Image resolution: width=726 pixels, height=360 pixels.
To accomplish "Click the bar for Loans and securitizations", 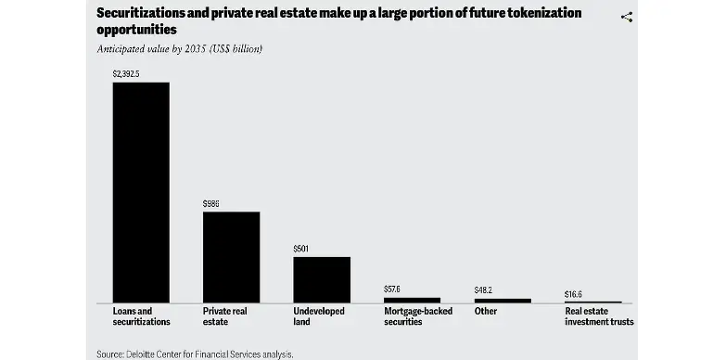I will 141,192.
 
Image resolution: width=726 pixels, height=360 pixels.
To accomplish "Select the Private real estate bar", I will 231,257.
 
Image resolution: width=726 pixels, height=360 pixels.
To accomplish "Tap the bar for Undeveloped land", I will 322,279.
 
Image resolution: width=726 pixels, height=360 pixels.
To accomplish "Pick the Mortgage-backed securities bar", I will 412,300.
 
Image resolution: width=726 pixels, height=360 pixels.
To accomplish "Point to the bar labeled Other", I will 503,301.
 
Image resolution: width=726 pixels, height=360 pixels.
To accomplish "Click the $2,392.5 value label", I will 126,73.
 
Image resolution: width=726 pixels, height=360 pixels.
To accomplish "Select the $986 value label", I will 211,203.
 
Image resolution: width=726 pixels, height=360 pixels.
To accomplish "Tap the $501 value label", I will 301,249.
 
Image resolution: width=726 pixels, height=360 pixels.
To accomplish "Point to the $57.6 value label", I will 393,289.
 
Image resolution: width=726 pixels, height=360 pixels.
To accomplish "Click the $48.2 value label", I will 483,290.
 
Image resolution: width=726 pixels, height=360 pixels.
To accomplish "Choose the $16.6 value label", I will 574,294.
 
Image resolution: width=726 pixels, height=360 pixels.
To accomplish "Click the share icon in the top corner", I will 626,18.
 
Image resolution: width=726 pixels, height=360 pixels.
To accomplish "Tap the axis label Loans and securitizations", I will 141,316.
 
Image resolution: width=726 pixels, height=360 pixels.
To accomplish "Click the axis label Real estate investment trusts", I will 599,316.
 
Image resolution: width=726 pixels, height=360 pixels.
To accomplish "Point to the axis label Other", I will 485,312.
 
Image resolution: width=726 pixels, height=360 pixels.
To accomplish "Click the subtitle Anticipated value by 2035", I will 179,48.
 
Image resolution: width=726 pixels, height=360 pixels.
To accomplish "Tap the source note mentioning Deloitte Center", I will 194,354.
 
